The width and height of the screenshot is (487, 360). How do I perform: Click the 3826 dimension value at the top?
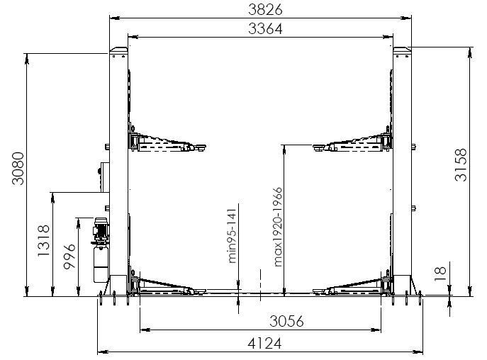265,10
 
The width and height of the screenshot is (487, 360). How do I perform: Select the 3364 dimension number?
265,29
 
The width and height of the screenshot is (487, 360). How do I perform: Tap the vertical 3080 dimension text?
18,169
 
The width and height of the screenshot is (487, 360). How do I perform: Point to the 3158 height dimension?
461,164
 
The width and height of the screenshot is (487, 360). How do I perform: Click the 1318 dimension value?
43,241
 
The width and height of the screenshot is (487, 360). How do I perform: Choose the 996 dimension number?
69,257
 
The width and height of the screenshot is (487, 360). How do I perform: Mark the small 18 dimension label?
440,274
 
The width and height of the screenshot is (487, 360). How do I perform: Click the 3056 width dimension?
286,321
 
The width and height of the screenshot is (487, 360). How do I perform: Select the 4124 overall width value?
264,344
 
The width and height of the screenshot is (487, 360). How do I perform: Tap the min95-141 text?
232,236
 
